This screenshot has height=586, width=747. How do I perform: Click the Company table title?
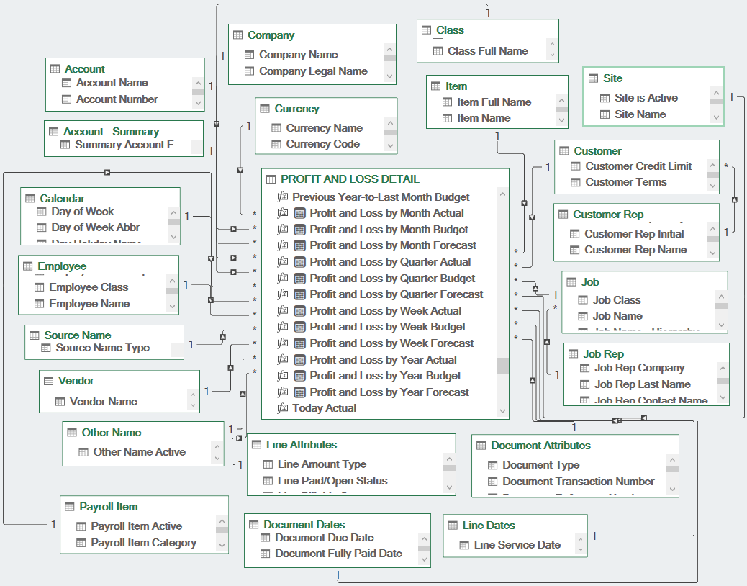[271, 35]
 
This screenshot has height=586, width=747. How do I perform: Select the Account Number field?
[117, 99]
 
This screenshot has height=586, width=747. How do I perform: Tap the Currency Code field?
[322, 144]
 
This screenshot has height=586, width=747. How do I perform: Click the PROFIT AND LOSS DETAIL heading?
[350, 179]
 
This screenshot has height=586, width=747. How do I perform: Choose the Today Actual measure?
[324, 408]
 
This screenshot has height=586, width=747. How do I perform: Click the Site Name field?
[640, 114]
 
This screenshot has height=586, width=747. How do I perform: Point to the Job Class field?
[616, 300]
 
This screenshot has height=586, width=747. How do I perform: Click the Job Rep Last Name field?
[642, 384]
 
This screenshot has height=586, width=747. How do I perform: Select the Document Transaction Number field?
[578, 482]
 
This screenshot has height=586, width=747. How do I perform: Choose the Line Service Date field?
[517, 545]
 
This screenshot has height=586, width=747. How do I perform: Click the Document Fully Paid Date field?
[338, 554]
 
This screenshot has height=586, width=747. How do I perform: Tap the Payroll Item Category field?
[143, 543]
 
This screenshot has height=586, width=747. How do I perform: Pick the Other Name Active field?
[139, 452]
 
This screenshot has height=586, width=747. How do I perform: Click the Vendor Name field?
[103, 402]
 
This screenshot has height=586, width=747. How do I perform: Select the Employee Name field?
[89, 304]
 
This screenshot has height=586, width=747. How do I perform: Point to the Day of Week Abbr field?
[95, 227]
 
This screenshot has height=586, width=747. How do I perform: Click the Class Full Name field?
[487, 51]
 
